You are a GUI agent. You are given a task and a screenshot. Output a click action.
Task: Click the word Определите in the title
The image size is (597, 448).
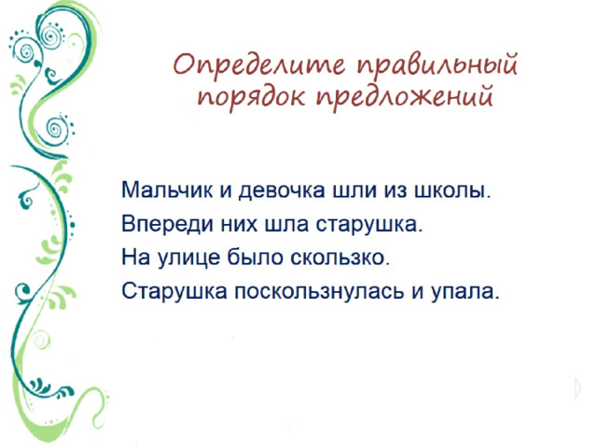[259, 64]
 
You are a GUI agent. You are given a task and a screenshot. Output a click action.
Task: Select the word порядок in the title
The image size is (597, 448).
[251, 95]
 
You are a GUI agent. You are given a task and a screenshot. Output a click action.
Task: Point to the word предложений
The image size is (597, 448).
[405, 95]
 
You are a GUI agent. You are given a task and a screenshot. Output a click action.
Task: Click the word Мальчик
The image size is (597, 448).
[167, 189]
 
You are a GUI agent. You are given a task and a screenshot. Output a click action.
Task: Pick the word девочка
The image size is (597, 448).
[282, 190]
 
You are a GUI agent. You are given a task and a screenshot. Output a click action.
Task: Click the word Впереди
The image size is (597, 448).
[167, 224]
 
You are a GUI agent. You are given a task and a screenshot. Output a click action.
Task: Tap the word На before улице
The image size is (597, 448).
[134, 257]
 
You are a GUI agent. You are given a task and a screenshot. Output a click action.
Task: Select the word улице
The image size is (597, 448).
[187, 258]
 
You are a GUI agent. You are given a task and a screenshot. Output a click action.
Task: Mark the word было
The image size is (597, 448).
[256, 257]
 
